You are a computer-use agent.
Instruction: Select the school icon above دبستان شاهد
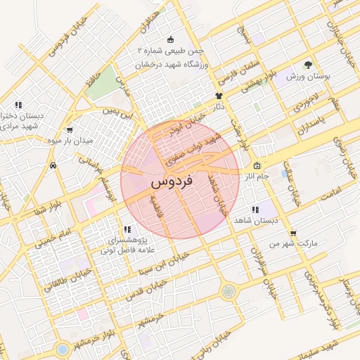pyautogui.click(x=254, y=209)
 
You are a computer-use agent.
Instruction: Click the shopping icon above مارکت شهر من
pyautogui.click(x=292, y=233)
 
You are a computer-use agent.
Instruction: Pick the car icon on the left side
pyautogui.click(x=53, y=166)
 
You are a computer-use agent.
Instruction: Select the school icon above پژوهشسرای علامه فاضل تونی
pyautogui.click(x=127, y=229)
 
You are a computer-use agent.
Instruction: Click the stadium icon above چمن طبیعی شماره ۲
pyautogui.click(x=170, y=39)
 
